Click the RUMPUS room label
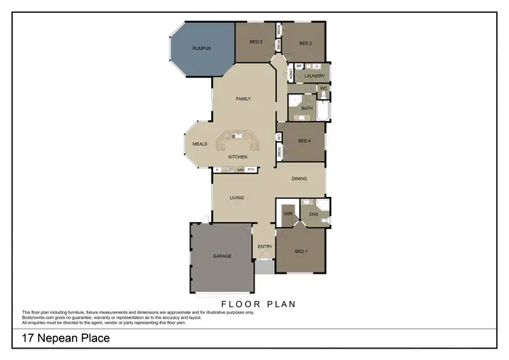click(202, 48)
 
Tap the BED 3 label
click(256, 42)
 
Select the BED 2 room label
click(305, 42)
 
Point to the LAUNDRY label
click(314, 75)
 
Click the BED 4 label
click(305, 141)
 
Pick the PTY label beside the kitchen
click(250, 170)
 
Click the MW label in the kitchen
click(240, 170)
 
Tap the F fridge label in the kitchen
click(217, 170)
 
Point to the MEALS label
click(200, 144)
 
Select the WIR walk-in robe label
click(288, 213)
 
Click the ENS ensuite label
click(314, 215)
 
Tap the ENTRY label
click(265, 246)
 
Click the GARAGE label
click(222, 256)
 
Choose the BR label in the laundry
click(299, 66)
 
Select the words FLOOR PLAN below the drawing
click(259, 304)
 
